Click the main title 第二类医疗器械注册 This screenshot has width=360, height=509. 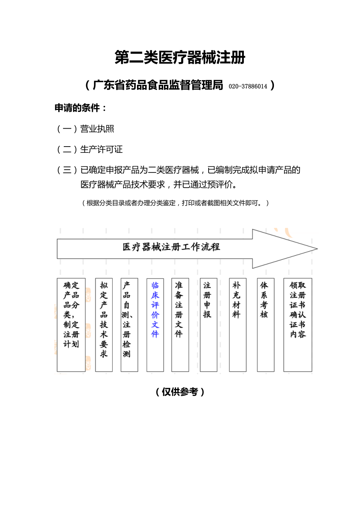pyautogui.click(x=180, y=58)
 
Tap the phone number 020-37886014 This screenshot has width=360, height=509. pyautogui.click(x=248, y=86)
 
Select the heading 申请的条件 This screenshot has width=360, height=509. pyautogui.click(x=80, y=108)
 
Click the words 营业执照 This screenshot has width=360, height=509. pyautogui.click(x=97, y=129)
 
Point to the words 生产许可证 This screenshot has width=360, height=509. pyautogui.click(x=101, y=149)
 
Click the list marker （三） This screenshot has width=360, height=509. pyautogui.click(x=67, y=170)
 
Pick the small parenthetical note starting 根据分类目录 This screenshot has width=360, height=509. pyautogui.click(x=175, y=203)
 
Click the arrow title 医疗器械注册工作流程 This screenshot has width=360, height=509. pyautogui.click(x=171, y=247)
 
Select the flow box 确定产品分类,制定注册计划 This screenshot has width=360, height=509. pyautogui.click(x=71, y=324)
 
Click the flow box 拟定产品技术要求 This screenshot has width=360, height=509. pyautogui.click(x=104, y=324)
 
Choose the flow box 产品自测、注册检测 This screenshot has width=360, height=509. pyautogui.click(x=129, y=324)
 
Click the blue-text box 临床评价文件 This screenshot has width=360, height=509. pyautogui.click(x=155, y=324)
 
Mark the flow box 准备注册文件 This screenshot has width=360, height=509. pyautogui.click(x=180, y=324)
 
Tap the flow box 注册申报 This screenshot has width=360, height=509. pyautogui.click(x=208, y=324)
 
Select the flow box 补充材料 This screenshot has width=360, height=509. pyautogui.click(x=238, y=324)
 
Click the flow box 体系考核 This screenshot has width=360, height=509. pyautogui.click(x=265, y=324)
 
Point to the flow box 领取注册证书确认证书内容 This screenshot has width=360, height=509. pyautogui.click(x=297, y=324)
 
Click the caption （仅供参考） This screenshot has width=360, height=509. pyautogui.click(x=180, y=392)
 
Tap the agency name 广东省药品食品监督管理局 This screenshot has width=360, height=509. pyautogui.click(x=158, y=85)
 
